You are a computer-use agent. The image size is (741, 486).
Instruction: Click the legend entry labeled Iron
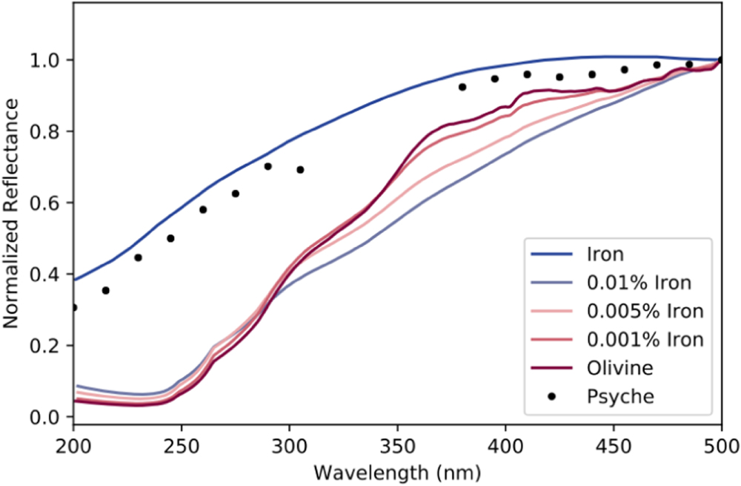coord(604,255)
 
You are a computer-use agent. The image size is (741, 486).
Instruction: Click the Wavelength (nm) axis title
coord(397,471)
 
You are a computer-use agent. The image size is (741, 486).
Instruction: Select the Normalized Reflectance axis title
coord(12,215)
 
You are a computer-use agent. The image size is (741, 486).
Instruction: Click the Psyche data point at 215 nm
coord(106,290)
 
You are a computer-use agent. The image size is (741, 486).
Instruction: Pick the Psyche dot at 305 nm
coord(300,170)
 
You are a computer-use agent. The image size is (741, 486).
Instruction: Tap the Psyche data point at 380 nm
coord(462,87)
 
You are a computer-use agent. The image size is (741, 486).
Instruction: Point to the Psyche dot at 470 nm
coord(657,65)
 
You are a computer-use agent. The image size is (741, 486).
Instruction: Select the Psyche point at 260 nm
coord(203,209)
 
